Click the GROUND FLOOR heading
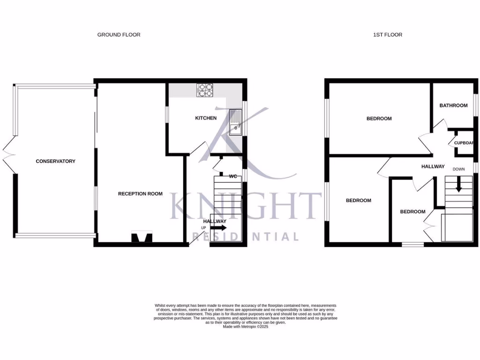[x=119, y=35]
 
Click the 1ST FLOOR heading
[x=387, y=35]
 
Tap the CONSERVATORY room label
[x=55, y=161]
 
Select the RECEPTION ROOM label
[x=140, y=194]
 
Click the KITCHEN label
[x=206, y=118]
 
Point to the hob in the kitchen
[x=205, y=90]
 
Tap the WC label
[x=232, y=177]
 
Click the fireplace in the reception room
[x=142, y=239]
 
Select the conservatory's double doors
[x=8, y=155]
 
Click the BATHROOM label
[x=453, y=105]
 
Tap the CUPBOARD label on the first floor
[x=464, y=143]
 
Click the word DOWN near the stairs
[x=458, y=169]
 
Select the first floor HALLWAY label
[x=433, y=166]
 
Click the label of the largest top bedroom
[x=379, y=119]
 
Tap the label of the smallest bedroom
[x=412, y=212]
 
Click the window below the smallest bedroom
[x=412, y=244]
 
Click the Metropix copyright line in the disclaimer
[x=246, y=327]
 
